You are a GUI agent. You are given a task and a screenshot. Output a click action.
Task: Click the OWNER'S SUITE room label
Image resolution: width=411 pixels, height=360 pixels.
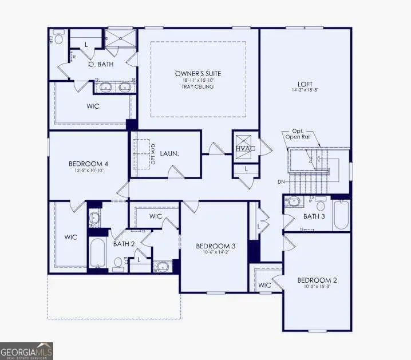point(198,74)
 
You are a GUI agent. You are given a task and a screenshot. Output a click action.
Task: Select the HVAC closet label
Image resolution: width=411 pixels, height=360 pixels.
point(244,149)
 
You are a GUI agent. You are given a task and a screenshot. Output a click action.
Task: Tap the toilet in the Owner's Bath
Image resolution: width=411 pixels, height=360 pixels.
point(58,39)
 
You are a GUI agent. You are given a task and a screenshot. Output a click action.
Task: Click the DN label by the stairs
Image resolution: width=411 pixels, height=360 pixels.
point(280,182)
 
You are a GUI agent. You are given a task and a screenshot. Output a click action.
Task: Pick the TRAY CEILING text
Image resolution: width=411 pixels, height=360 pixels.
point(198,87)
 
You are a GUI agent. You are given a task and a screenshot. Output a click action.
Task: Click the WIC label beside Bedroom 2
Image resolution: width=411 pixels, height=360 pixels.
point(264,285)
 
